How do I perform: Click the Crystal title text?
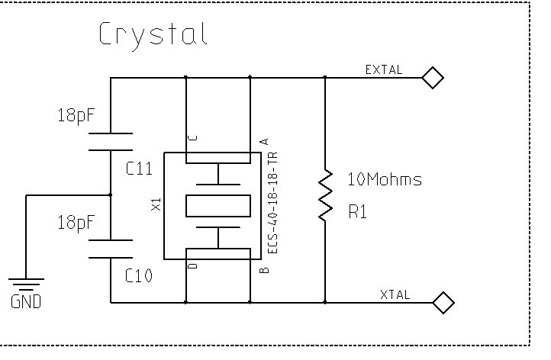click(x=153, y=35)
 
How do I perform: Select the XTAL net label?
click(x=395, y=294)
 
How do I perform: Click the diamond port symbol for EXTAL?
click(x=433, y=77)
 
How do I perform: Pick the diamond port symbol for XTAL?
click(x=443, y=303)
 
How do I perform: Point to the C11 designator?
click(x=139, y=170)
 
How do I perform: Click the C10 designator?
click(x=139, y=276)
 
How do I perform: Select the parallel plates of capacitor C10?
click(x=111, y=249)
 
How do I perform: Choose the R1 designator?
click(x=357, y=213)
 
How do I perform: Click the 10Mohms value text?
click(x=385, y=180)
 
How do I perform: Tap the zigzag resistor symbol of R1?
click(x=326, y=195)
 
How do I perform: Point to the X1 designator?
click(x=156, y=204)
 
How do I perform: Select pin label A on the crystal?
click(x=264, y=141)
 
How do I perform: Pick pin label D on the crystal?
click(x=192, y=265)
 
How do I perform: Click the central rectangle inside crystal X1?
click(x=218, y=205)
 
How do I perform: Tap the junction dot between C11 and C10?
click(x=111, y=195)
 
